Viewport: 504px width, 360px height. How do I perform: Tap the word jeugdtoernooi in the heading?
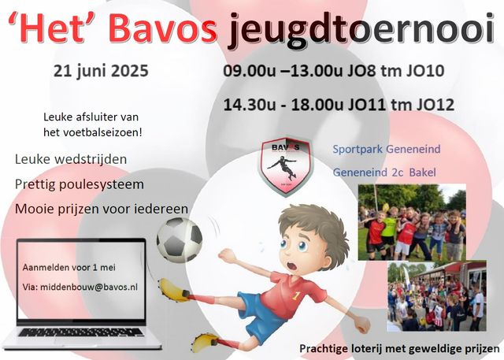pos(361,31)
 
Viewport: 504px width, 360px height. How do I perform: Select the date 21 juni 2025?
pos(101,71)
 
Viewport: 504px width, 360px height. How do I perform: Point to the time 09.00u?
pos(250,71)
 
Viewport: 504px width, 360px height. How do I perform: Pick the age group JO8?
pos(361,71)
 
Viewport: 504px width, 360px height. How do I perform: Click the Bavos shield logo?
pos(286,166)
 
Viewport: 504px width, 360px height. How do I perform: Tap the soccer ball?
pos(179,239)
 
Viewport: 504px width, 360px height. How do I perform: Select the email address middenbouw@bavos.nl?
pos(89,287)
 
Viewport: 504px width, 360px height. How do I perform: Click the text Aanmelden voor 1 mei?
pos(69,267)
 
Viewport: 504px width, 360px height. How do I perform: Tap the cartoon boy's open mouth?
pos(291,266)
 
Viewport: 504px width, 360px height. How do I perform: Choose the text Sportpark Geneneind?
pos(387,149)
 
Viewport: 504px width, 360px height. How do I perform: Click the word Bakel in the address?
pos(423,173)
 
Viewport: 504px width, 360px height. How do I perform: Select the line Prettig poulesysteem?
pos(80,185)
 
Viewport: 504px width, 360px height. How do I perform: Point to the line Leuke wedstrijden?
pos(71,159)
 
